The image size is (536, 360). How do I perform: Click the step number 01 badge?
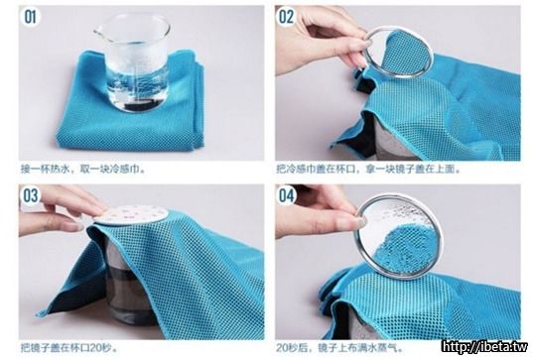click(31, 17)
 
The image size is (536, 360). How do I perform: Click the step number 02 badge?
click(286, 17)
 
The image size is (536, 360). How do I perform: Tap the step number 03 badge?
click(31, 195)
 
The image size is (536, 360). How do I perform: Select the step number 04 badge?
click(286, 195)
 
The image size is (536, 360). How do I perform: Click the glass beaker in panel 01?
click(133, 63)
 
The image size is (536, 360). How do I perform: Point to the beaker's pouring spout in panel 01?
click(98, 33)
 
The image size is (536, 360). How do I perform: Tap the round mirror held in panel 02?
click(399, 53)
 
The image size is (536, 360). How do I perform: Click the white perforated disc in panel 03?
click(132, 215)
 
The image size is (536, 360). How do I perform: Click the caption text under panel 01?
click(83, 169)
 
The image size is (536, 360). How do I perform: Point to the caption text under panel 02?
click(368, 169)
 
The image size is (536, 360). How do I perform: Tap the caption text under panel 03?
click(69, 348)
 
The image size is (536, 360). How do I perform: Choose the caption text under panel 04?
click(340, 348)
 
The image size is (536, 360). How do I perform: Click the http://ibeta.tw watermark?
click(484, 347)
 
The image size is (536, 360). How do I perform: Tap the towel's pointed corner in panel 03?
click(40, 313)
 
